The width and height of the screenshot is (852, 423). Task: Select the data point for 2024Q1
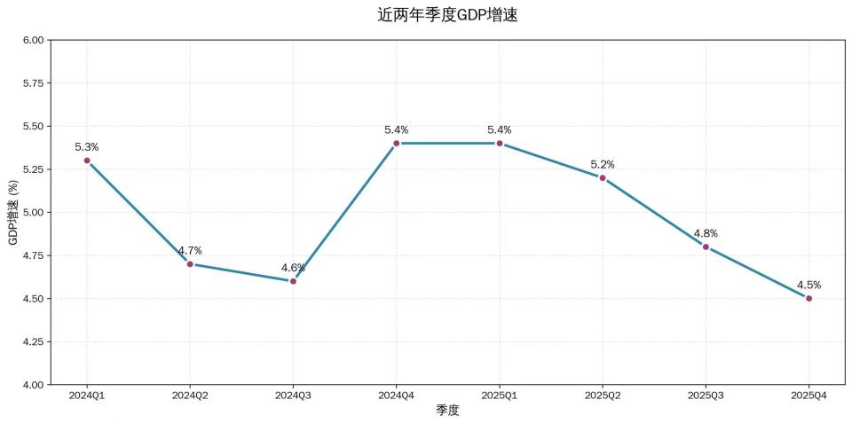pyautogui.click(x=87, y=161)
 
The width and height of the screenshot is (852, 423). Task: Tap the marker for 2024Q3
pyautogui.click(x=293, y=281)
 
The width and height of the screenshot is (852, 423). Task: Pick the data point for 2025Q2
pyautogui.click(x=603, y=177)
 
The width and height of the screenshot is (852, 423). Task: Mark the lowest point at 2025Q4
pyautogui.click(x=809, y=298)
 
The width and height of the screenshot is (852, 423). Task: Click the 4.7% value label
pyautogui.click(x=190, y=251)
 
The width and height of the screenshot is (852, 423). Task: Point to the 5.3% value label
pyautogui.click(x=87, y=147)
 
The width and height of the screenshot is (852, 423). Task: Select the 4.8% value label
pyautogui.click(x=706, y=233)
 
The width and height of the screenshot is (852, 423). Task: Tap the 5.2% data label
pyautogui.click(x=603, y=164)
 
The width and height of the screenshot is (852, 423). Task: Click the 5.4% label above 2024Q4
pyautogui.click(x=397, y=129)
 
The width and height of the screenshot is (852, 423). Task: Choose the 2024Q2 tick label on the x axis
pyautogui.click(x=190, y=395)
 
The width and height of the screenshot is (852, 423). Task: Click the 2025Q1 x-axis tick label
pyautogui.click(x=500, y=395)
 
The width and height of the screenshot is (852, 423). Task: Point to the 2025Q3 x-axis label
pyautogui.click(x=706, y=395)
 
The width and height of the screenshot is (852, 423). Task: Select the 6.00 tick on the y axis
pyautogui.click(x=33, y=40)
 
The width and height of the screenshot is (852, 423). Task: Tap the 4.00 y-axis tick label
pyautogui.click(x=33, y=385)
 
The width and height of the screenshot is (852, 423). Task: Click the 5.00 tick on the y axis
pyautogui.click(x=33, y=213)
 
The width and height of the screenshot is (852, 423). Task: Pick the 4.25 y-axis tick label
pyautogui.click(x=33, y=341)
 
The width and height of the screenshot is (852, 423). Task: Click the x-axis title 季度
pyautogui.click(x=447, y=411)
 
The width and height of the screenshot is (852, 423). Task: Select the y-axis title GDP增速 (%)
pyautogui.click(x=13, y=213)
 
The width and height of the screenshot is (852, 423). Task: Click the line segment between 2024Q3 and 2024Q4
pyautogui.click(x=345, y=212)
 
